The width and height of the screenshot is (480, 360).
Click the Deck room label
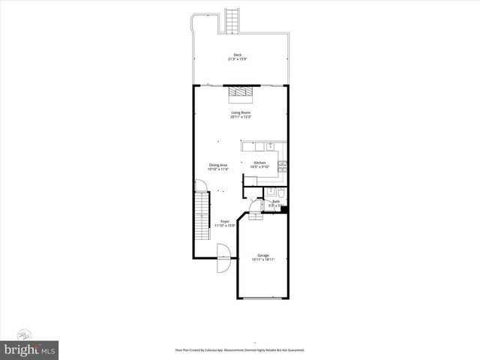[x=238, y=55]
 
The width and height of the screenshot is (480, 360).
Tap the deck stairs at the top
[x=232, y=20]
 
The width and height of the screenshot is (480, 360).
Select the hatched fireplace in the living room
[x=241, y=91]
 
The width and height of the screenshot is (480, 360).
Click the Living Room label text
[x=241, y=113]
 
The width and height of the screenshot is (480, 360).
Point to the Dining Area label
[x=218, y=165]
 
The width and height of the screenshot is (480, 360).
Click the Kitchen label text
[x=259, y=163]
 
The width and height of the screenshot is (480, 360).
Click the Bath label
[x=276, y=201]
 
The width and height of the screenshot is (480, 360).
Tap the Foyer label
[x=224, y=221]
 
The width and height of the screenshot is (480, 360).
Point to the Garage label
[x=263, y=255]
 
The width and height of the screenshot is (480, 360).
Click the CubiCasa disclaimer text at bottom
[x=240, y=350]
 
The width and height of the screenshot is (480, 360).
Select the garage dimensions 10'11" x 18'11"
[x=263, y=259]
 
